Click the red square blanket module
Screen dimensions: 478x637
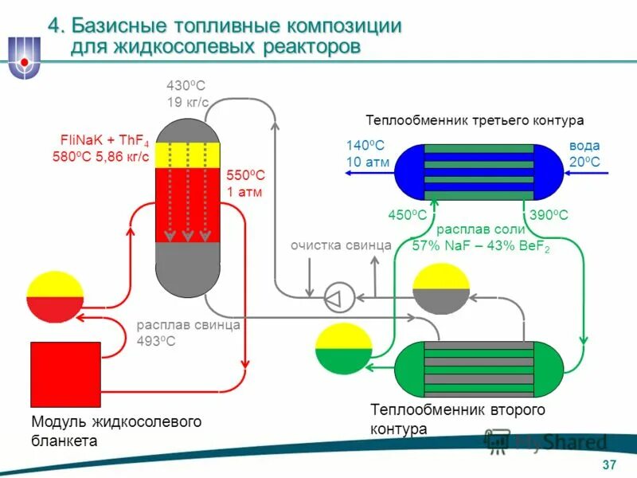(65, 375)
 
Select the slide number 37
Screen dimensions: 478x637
(609, 465)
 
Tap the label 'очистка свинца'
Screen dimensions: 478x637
(341, 245)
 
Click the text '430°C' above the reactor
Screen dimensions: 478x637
(186, 85)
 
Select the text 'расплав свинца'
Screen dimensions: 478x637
(188, 326)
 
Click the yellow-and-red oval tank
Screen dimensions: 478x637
(54, 297)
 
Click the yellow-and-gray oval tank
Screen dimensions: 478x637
(442, 288)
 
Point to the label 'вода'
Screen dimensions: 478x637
(584, 146)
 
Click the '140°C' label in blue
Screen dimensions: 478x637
(365, 146)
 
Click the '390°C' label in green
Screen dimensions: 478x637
(549, 215)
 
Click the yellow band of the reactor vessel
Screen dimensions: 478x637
(187, 154)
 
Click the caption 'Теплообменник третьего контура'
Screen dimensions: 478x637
(475, 120)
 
